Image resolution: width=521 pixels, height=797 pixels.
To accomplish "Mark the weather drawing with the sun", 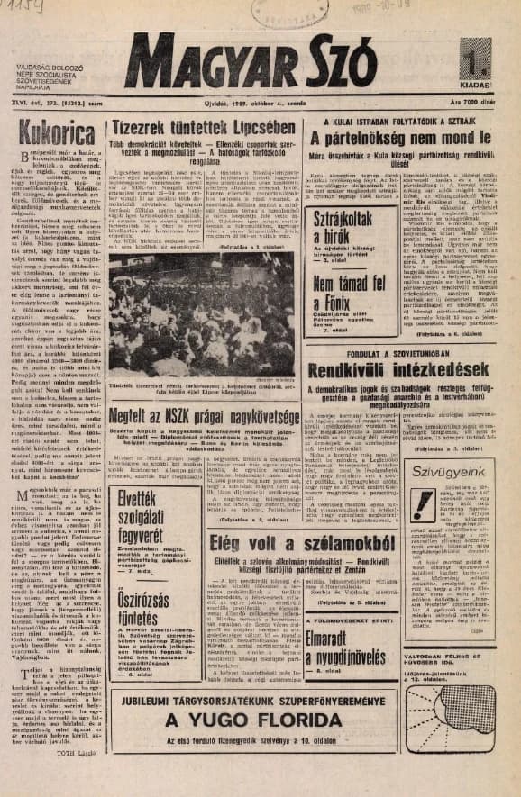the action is [460, 757].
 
